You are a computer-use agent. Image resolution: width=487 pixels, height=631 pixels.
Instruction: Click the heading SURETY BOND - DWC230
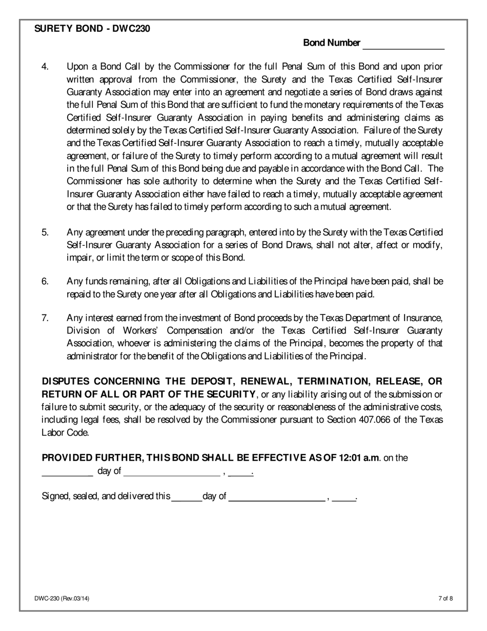[92, 29]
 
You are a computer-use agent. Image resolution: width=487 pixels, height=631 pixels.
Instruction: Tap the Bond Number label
[332, 43]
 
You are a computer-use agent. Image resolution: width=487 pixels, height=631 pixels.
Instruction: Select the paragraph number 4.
[45, 67]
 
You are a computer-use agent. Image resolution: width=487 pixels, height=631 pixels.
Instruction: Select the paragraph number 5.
[45, 232]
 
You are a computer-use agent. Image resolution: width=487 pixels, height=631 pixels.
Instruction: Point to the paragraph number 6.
[45, 282]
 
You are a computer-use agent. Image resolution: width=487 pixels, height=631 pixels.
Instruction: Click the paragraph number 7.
[45, 319]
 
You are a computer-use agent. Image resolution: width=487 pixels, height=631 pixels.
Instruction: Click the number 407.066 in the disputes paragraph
[376, 420]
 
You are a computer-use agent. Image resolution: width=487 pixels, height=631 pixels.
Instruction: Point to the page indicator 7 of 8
[445, 598]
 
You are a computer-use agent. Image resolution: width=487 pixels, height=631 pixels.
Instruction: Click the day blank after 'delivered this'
[187, 498]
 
